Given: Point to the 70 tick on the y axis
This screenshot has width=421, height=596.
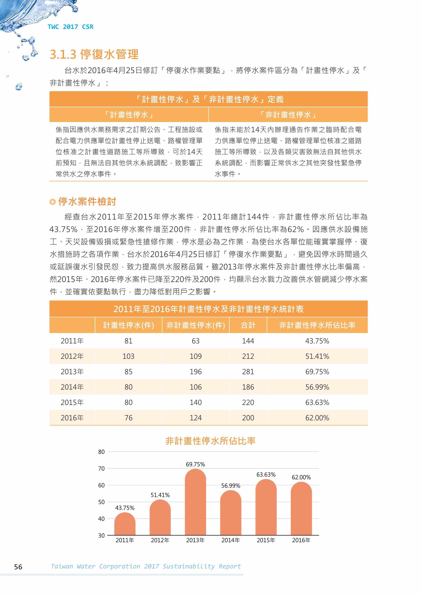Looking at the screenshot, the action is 101,469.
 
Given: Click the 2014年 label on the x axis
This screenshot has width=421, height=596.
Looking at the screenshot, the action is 231,540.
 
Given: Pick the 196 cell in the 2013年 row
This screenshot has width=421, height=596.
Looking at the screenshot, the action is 196,372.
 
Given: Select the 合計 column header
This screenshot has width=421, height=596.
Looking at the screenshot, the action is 248,325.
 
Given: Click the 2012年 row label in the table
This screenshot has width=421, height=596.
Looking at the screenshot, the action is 72,356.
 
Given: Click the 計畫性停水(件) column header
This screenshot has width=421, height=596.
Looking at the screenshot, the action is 128,325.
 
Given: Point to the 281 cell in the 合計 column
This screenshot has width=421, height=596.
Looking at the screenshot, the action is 248,372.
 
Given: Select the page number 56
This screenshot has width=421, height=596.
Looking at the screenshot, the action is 18,567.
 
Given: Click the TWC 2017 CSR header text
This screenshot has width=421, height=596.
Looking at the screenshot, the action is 70,27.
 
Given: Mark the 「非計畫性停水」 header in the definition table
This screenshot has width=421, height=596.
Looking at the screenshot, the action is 288,115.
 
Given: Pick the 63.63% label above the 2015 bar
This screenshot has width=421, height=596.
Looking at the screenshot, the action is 266,475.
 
